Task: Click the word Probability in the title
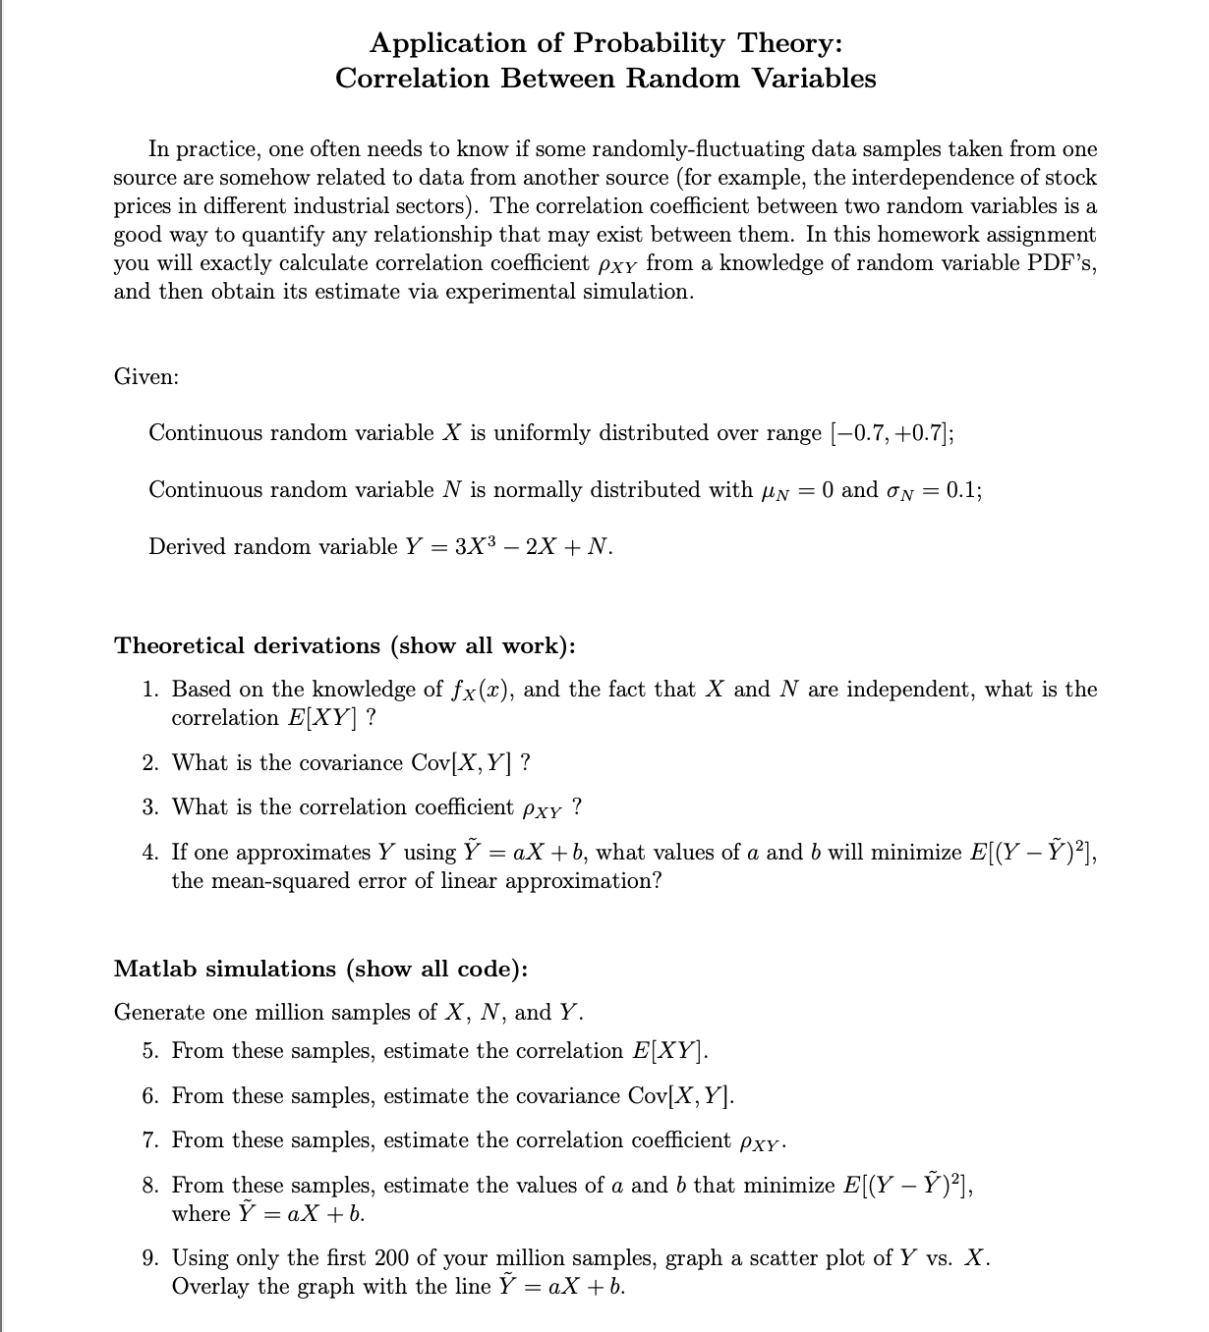coord(649,44)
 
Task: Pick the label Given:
coord(146,377)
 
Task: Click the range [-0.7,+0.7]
coord(891,433)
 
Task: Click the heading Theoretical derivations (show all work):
coord(345,645)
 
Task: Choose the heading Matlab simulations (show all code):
coord(320,969)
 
